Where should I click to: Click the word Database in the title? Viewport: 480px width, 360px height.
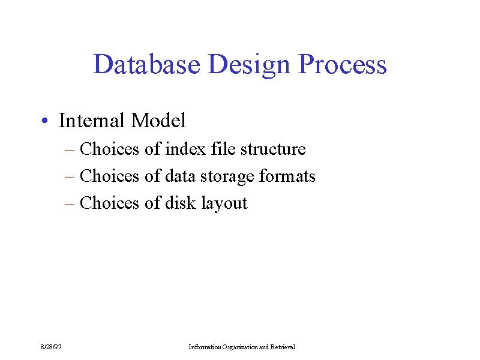[x=146, y=64]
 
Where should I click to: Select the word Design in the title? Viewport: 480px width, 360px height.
[x=248, y=65]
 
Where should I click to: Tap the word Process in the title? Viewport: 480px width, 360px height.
[x=342, y=64]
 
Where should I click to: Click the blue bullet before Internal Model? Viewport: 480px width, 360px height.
[x=44, y=121]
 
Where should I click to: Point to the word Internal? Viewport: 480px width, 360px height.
[x=92, y=120]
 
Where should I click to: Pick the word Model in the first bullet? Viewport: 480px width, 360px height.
[x=158, y=120]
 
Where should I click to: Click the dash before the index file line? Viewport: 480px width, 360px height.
[x=70, y=150]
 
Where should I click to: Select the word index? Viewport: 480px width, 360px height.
[x=185, y=149]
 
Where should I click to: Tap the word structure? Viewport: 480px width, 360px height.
[x=273, y=149]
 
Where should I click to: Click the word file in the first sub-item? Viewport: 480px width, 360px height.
[x=223, y=148]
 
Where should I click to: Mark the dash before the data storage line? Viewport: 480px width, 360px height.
[x=70, y=177]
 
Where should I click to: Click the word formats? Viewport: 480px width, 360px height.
[x=287, y=176]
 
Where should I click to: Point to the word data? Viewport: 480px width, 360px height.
[x=180, y=176]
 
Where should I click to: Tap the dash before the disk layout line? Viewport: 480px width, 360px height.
[x=70, y=204]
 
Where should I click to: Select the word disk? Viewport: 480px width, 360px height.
[x=181, y=203]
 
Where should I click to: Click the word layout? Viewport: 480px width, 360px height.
[x=224, y=203]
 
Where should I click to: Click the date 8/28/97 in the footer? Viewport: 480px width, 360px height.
[x=51, y=347]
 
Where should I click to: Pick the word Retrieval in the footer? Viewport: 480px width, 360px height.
[x=283, y=347]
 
